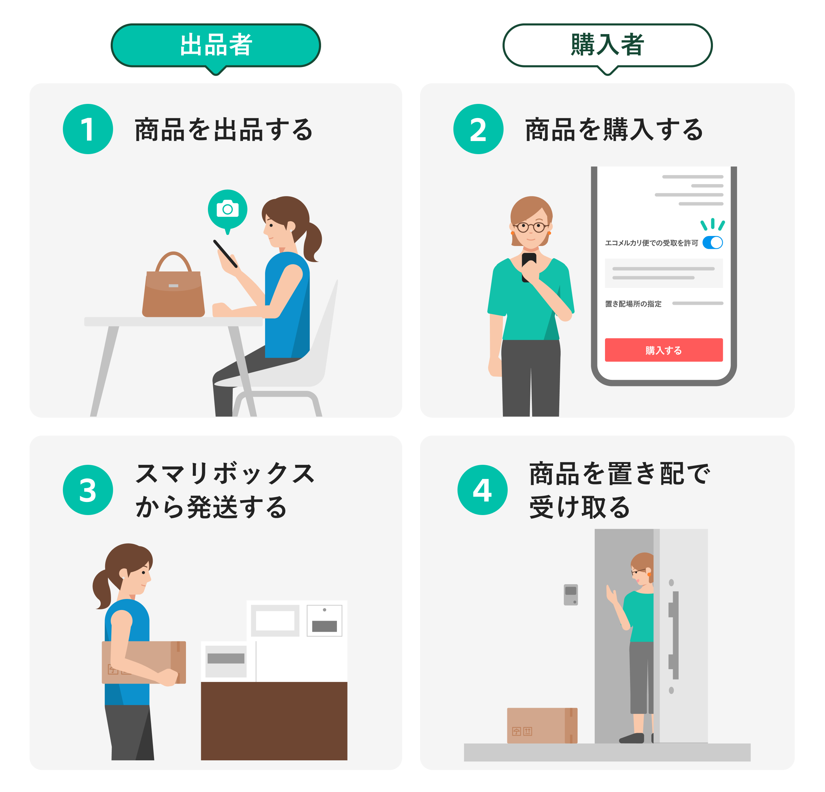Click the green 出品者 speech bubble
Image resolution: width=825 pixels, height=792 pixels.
coord(216,45)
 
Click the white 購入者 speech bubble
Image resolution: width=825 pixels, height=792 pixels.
coord(607,45)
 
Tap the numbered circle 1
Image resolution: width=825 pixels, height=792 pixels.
coord(88,129)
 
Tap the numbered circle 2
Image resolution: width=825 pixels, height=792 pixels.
coord(478,129)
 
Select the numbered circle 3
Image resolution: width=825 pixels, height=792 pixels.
coord(88,490)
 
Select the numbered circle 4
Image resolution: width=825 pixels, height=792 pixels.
coord(482,490)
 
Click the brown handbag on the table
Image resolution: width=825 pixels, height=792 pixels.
coord(173,291)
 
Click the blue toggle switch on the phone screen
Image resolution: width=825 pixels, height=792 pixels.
coord(712,243)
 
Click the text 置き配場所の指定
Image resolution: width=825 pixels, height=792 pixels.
coord(633,304)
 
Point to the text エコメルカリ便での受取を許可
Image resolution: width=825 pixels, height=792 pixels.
coord(651,243)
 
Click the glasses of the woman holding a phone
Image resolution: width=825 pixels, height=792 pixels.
coord(530,227)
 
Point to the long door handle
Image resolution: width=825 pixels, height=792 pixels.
coord(675,635)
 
